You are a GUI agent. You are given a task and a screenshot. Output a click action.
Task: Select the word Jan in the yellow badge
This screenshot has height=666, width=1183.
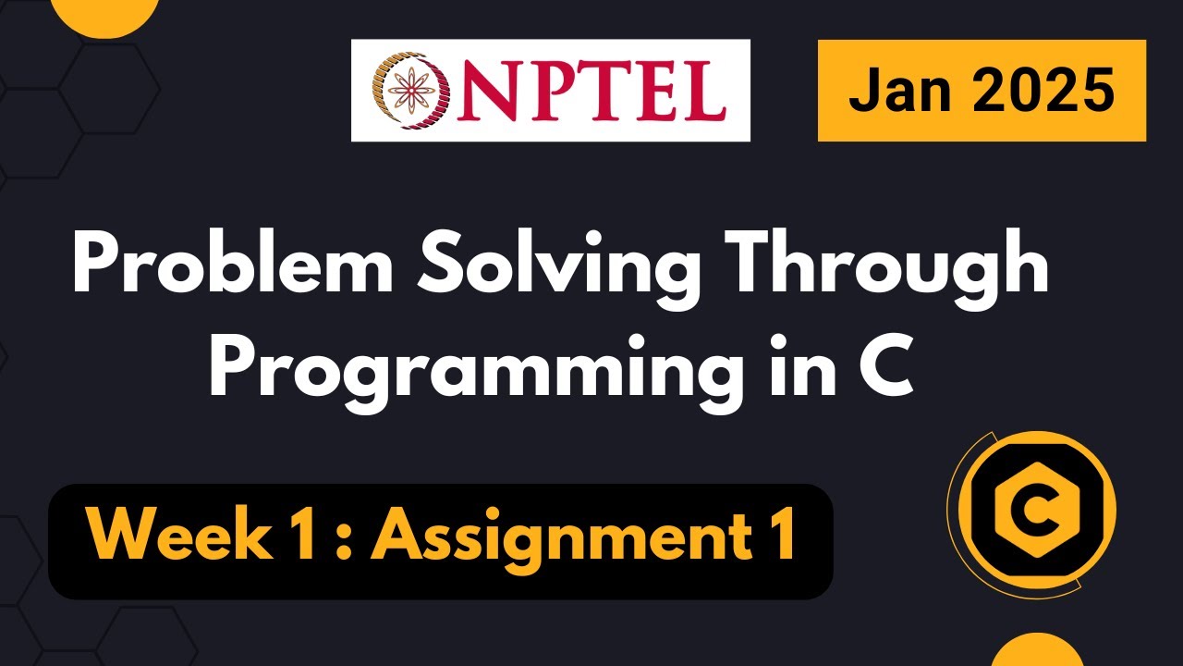895,90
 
